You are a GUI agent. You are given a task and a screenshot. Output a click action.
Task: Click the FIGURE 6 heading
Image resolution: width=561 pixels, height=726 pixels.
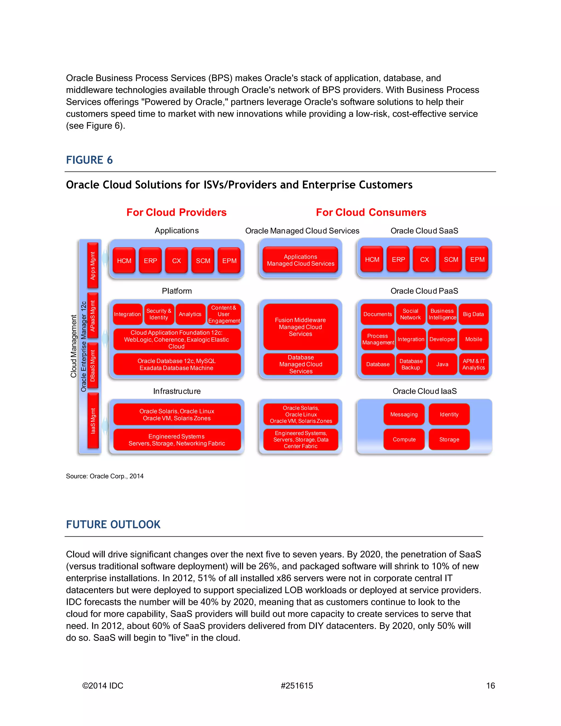coord(89,160)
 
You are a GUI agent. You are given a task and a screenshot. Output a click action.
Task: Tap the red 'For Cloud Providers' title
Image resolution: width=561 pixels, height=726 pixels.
coord(176,212)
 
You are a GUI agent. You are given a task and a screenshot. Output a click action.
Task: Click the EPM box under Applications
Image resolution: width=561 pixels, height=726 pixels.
coord(229,261)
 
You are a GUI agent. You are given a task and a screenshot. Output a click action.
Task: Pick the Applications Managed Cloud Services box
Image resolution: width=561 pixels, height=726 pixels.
coord(300,260)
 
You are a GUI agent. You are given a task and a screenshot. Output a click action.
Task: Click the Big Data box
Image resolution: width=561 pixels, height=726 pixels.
coord(473,314)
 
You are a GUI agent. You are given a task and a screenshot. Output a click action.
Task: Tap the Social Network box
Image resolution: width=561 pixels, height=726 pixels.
coord(410,314)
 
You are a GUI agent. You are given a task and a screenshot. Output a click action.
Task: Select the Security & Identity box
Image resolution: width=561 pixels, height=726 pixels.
coord(159,314)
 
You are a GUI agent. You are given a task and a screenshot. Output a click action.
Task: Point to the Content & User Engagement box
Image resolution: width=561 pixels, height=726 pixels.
coord(224,314)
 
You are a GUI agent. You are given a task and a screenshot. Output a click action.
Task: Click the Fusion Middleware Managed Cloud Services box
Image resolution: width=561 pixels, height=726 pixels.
coord(300,327)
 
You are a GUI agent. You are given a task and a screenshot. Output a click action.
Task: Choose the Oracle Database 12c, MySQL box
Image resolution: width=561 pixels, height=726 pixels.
coord(176,364)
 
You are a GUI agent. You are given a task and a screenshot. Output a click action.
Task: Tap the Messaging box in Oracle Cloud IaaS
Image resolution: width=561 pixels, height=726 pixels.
coord(404,414)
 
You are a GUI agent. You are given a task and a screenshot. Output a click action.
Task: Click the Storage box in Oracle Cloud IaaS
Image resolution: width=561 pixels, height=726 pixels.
coord(449,439)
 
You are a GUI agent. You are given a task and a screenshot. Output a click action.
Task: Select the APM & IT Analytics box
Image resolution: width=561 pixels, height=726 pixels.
coord(473,364)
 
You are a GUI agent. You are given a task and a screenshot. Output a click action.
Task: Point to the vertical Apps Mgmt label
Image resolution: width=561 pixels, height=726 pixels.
coord(93,265)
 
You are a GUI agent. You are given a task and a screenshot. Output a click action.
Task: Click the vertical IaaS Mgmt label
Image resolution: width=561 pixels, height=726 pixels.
coord(93,421)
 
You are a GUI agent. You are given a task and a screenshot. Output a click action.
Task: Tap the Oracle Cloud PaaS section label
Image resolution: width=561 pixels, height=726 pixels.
coord(424,291)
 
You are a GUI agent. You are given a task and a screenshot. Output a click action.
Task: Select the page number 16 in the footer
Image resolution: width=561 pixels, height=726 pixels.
coord(490,685)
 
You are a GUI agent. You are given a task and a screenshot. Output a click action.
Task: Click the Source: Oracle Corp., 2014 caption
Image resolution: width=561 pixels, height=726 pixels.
coord(105,476)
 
